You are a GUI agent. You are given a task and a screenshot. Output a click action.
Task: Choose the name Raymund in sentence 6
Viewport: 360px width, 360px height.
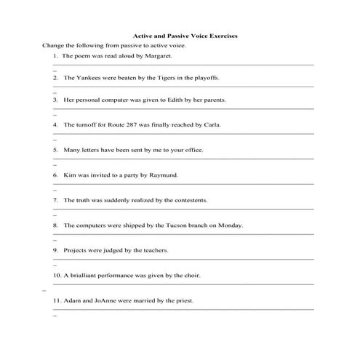164,175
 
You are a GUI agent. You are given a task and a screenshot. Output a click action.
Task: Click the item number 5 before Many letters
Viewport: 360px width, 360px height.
55,150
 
